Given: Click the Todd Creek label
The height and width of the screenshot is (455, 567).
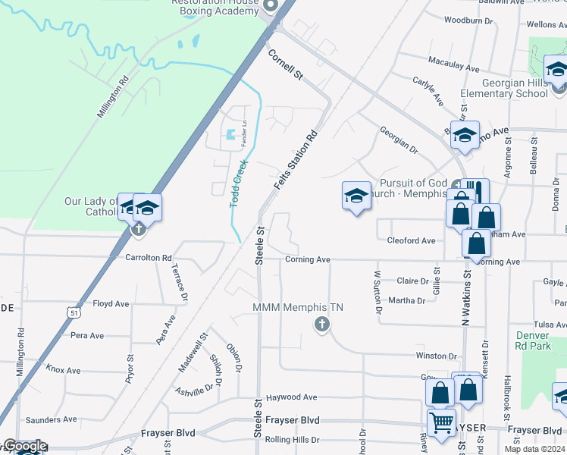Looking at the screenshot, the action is coord(239,183).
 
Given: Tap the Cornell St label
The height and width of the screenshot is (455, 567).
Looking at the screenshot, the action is coord(285,65).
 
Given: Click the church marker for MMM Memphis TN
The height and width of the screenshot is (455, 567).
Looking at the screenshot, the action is coord(321,325).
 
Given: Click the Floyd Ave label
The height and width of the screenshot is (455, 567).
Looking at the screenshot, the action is coord(111,304).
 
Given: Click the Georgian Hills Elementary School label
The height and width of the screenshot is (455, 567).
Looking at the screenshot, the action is coord(503,88).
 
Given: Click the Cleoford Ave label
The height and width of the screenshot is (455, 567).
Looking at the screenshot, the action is coord(411,240).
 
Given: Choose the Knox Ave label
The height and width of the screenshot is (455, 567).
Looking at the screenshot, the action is coord(62,370).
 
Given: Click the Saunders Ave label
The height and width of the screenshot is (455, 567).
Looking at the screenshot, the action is coord(51,419).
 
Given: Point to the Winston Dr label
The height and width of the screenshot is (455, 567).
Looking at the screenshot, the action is coord(436,356).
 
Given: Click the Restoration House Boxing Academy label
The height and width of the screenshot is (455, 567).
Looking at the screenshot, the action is coord(215,7).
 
